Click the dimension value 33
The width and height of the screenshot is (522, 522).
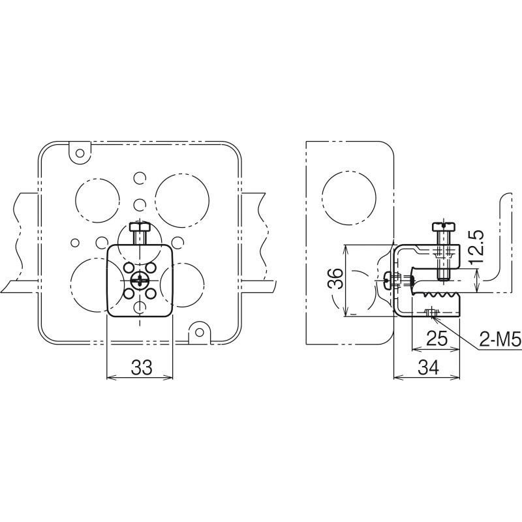pos(142,367)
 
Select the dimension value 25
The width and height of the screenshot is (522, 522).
pos(437,339)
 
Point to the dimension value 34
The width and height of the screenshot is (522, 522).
pos(428,367)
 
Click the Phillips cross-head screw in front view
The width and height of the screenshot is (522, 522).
pos(140,280)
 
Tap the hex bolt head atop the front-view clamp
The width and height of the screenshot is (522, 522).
pos(140,227)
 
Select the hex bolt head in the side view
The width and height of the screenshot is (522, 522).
pos(443,226)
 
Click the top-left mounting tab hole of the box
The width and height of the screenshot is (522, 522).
pos(80,153)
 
